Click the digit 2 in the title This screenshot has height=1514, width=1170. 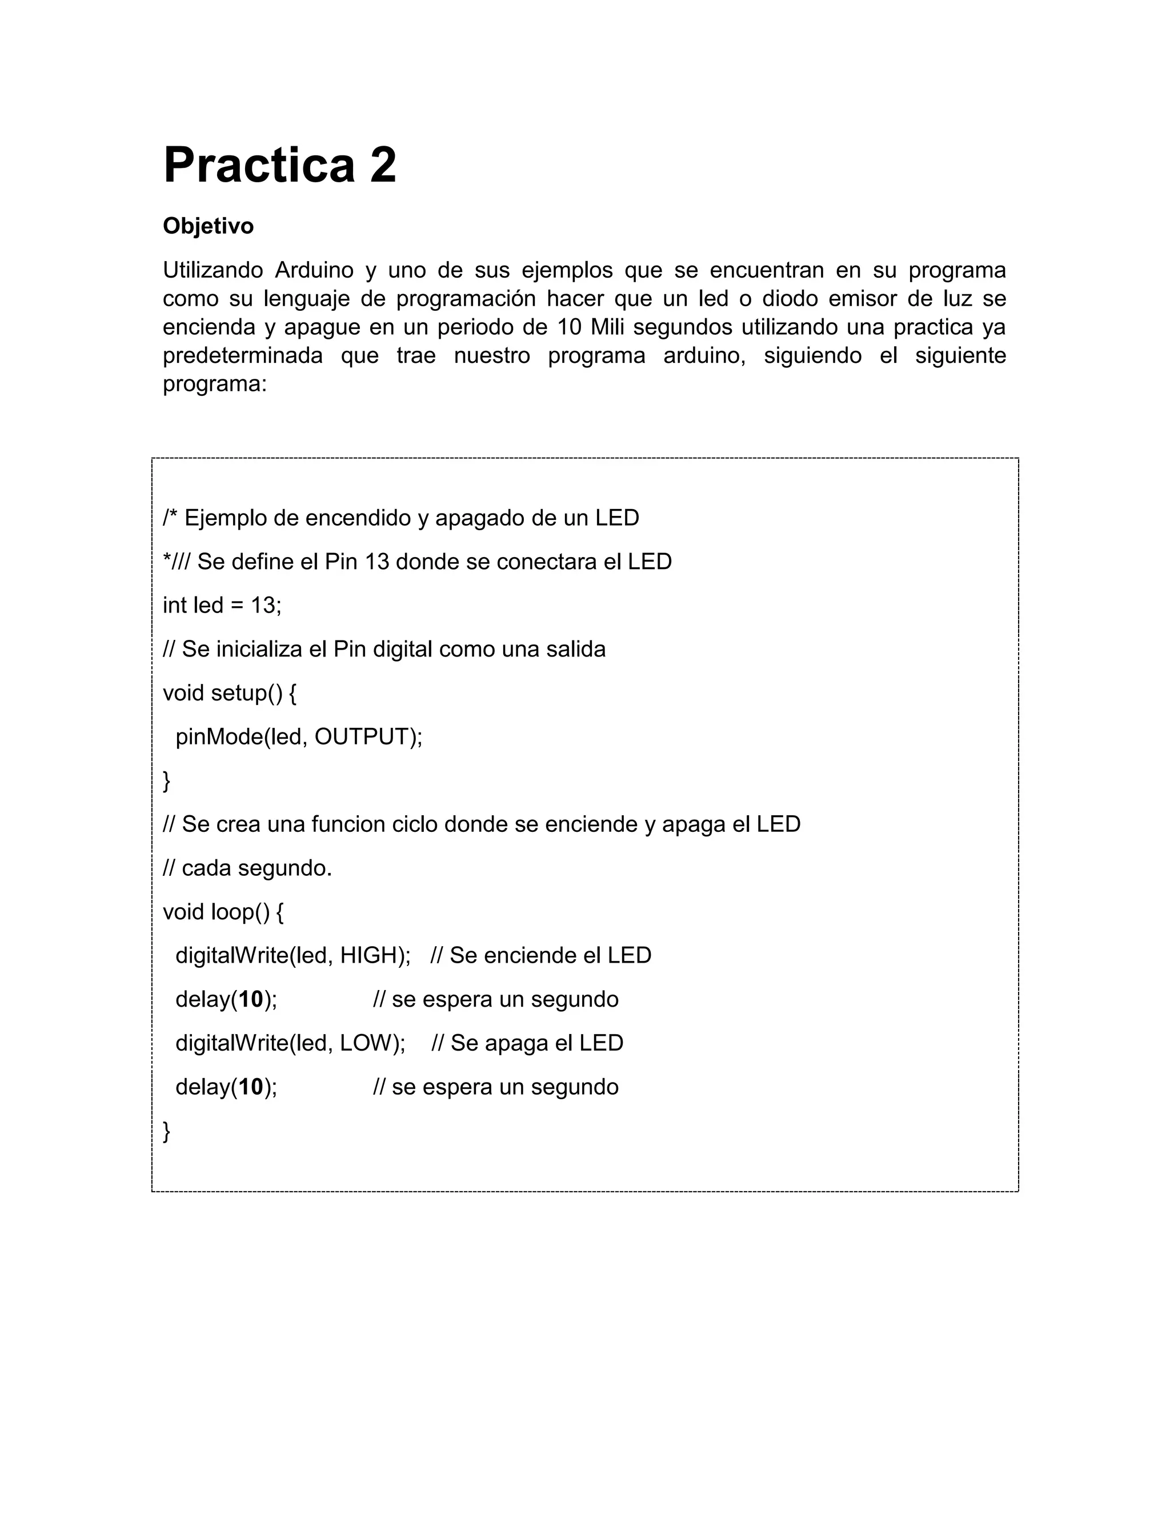[x=383, y=165]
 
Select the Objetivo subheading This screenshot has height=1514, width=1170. [x=208, y=226]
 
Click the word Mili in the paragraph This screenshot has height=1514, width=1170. [x=607, y=327]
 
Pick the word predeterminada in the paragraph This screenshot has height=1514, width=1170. [x=243, y=355]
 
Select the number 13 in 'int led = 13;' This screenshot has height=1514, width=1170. [x=263, y=605]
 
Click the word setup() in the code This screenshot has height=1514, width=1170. [x=247, y=692]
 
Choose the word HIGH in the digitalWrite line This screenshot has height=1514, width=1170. [x=367, y=955]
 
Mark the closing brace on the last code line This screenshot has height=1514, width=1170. [x=166, y=1131]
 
